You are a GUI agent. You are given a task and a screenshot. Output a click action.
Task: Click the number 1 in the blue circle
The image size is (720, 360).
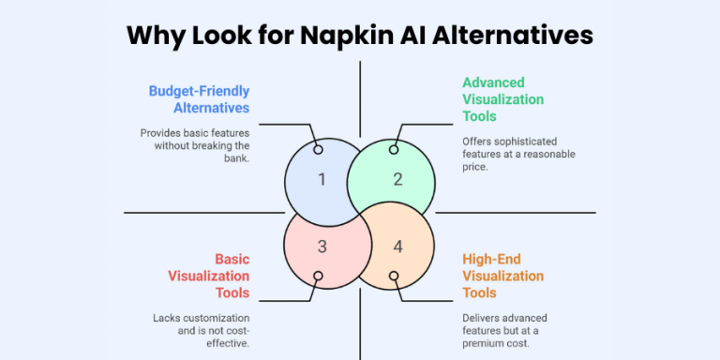[322, 179]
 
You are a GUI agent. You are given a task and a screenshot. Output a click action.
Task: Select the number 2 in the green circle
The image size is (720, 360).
[397, 179]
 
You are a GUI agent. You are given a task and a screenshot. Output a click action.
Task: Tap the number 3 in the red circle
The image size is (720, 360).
[322, 247]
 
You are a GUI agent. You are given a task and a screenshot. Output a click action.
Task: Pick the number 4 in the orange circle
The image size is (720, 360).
[397, 247]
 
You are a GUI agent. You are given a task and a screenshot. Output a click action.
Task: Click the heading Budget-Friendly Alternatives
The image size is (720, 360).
[199, 99]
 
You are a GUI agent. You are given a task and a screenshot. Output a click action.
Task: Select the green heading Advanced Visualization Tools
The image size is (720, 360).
[502, 99]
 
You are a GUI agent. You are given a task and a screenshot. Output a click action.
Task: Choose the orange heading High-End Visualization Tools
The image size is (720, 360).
[502, 276]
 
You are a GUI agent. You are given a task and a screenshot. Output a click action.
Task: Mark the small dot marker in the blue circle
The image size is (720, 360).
[318, 149]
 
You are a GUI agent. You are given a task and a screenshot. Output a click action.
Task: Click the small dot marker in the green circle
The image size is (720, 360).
[394, 149]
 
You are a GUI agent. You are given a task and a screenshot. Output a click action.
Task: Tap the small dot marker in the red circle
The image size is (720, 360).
[318, 277]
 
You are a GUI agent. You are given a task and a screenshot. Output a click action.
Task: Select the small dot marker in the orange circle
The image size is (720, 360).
[394, 277]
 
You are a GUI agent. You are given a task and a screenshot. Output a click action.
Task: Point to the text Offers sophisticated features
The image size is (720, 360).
[518, 154]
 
